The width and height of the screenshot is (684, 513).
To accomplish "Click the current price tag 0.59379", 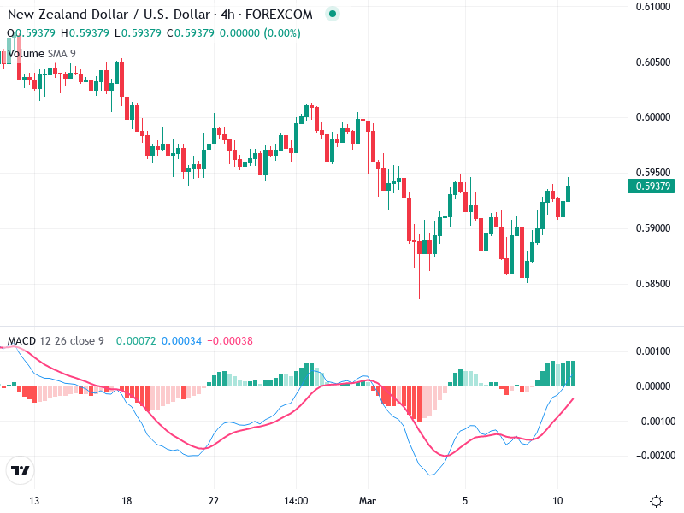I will click(652, 186).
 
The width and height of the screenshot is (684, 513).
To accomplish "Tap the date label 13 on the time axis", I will click(34, 501).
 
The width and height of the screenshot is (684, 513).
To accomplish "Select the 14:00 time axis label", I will click(296, 501).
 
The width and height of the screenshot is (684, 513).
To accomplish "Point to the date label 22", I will click(214, 501).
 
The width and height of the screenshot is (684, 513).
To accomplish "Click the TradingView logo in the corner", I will click(21, 471).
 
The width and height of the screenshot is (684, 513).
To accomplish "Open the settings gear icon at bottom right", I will click(657, 501).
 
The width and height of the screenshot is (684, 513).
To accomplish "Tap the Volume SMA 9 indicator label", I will click(41, 53).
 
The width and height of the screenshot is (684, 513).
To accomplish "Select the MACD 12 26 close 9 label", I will click(56, 341).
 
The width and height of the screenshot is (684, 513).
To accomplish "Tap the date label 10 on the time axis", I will click(557, 501).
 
